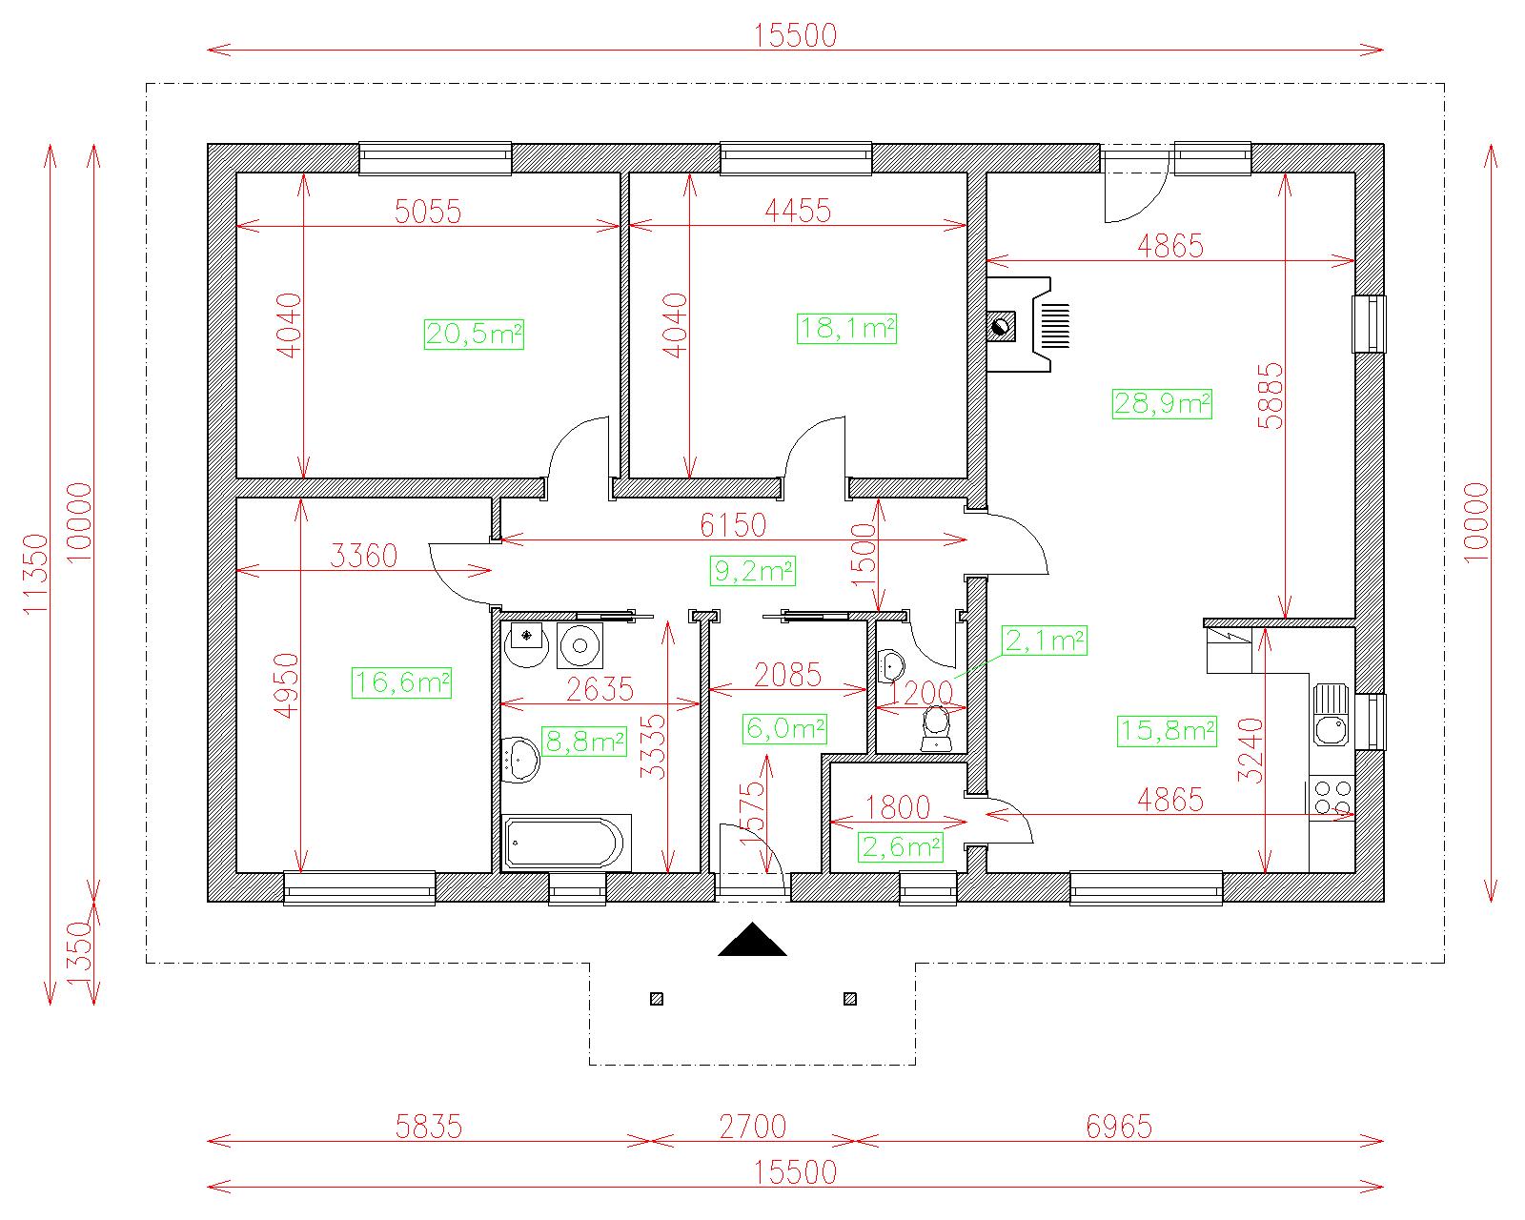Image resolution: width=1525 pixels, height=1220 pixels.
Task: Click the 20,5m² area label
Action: pos(474,335)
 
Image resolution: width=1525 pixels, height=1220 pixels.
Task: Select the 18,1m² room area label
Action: pos(846,329)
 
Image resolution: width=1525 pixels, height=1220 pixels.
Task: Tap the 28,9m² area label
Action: pos(1162,404)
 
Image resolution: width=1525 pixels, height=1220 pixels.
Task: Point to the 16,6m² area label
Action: pos(402,683)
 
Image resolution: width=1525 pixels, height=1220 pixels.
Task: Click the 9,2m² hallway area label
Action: pos(753,571)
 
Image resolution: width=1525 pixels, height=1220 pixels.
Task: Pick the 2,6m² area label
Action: pos(902,847)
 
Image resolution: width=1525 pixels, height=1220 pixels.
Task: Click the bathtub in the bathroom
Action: pos(566,843)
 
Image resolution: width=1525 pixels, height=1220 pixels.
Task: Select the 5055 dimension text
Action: pos(428,212)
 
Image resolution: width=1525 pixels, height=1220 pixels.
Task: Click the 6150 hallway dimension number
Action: pos(734,525)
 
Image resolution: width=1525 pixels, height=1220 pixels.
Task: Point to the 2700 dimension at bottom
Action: pos(753,1128)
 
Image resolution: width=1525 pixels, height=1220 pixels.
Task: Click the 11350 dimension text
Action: pos(36,574)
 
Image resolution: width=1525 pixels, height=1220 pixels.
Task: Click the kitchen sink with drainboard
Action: pos(1331,715)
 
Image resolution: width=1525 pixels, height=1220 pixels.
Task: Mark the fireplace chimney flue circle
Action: pos(1001,328)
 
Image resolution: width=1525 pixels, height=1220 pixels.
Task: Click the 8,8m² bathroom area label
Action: pos(584,742)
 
